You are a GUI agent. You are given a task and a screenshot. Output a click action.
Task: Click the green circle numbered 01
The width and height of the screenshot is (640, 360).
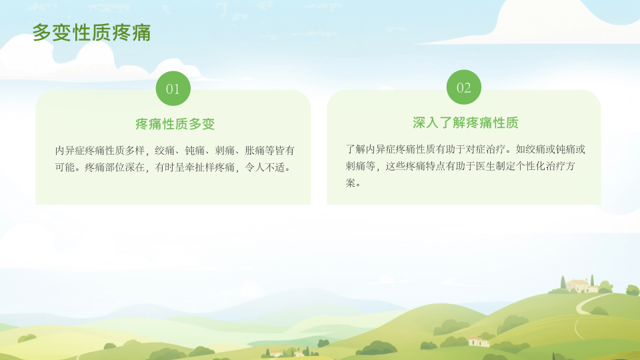173,89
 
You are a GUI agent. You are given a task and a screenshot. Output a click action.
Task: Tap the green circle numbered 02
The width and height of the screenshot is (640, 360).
464,87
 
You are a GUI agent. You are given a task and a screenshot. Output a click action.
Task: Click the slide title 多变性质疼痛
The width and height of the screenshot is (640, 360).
91,33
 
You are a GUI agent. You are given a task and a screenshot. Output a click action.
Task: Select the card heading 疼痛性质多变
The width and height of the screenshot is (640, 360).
175,124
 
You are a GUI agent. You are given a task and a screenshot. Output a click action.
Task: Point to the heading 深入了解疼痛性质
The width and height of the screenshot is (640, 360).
465,123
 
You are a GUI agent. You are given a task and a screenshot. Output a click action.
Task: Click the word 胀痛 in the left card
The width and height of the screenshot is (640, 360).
255,151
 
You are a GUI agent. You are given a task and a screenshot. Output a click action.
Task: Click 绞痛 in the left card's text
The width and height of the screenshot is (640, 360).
165,151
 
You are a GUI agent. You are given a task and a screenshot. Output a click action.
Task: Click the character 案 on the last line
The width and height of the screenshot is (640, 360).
351,183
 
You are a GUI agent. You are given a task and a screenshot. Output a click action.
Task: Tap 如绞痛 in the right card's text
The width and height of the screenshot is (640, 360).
531,149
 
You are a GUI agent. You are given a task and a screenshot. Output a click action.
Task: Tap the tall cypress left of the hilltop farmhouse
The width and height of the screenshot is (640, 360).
563,283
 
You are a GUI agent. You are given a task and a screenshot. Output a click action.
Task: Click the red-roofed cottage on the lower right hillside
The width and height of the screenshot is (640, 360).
479,341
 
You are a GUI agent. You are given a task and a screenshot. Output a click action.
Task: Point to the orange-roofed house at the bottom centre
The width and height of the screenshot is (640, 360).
277,353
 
